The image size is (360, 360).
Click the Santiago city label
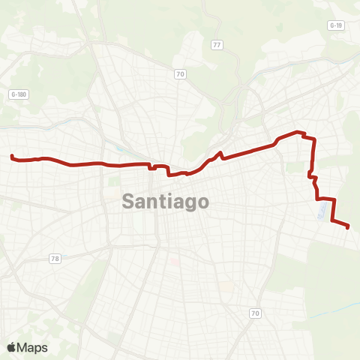165,202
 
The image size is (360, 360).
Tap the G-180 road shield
18,94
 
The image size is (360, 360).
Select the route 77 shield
217,45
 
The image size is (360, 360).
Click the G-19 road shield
335,25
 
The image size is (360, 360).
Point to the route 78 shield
55,259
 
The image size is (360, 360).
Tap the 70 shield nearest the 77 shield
180,73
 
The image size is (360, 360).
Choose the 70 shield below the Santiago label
255,313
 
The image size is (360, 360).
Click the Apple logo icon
12,347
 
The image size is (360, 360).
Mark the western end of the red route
12,156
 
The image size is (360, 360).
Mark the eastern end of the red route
349,226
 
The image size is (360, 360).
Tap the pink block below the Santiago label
175,262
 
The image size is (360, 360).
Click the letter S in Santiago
129,202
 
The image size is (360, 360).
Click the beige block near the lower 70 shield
224,288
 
